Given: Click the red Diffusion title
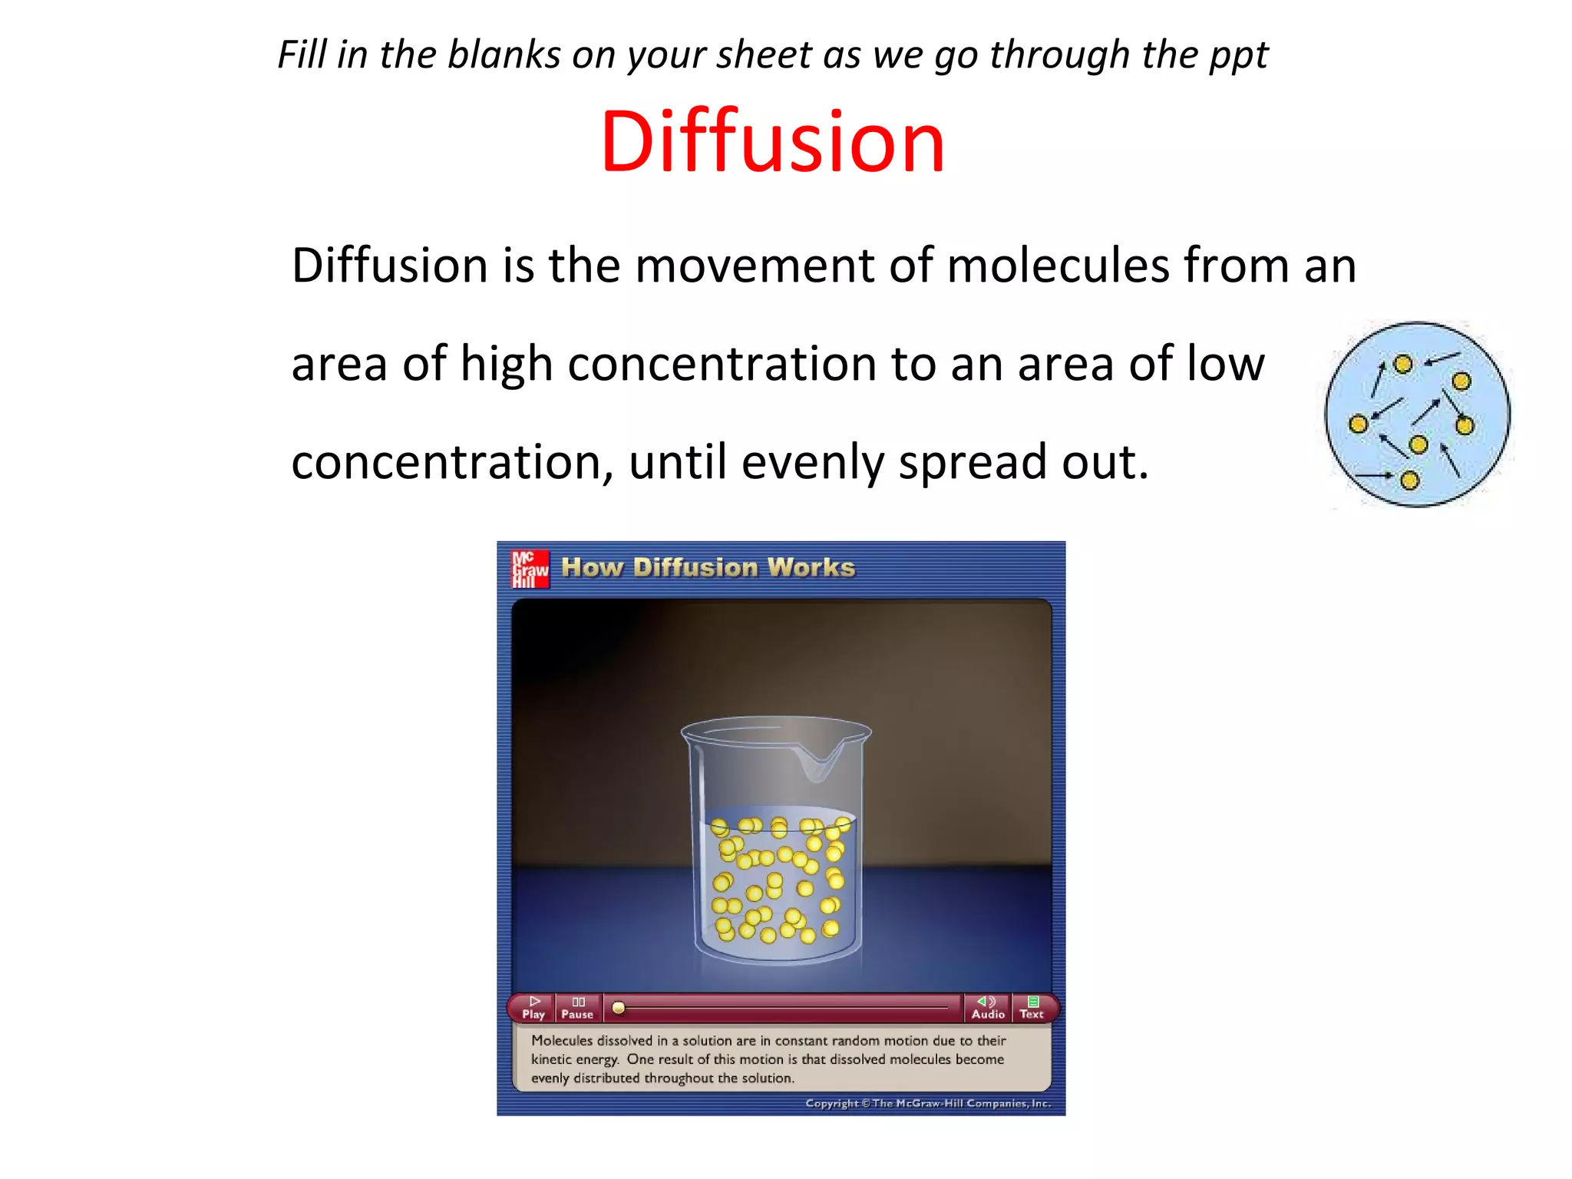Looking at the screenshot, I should pyautogui.click(x=772, y=142).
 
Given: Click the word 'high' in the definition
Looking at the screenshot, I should pyautogui.click(x=507, y=363).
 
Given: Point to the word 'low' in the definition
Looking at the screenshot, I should pyautogui.click(x=1225, y=363).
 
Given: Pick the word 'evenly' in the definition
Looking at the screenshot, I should pyautogui.click(x=813, y=462).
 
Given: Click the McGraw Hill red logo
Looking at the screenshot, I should pyautogui.click(x=530, y=569).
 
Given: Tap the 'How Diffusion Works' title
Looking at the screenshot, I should pyautogui.click(x=708, y=567).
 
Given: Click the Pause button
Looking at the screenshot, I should pyautogui.click(x=577, y=1007).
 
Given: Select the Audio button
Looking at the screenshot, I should pyautogui.click(x=987, y=1007).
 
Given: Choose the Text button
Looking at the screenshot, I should pyautogui.click(x=1032, y=1007).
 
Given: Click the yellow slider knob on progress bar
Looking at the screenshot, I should pyautogui.click(x=618, y=1008).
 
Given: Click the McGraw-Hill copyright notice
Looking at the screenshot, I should pyautogui.click(x=927, y=1103).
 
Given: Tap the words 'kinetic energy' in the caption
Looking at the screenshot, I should pyautogui.click(x=575, y=1059).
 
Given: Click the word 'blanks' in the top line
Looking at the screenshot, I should pyautogui.click(x=504, y=55).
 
